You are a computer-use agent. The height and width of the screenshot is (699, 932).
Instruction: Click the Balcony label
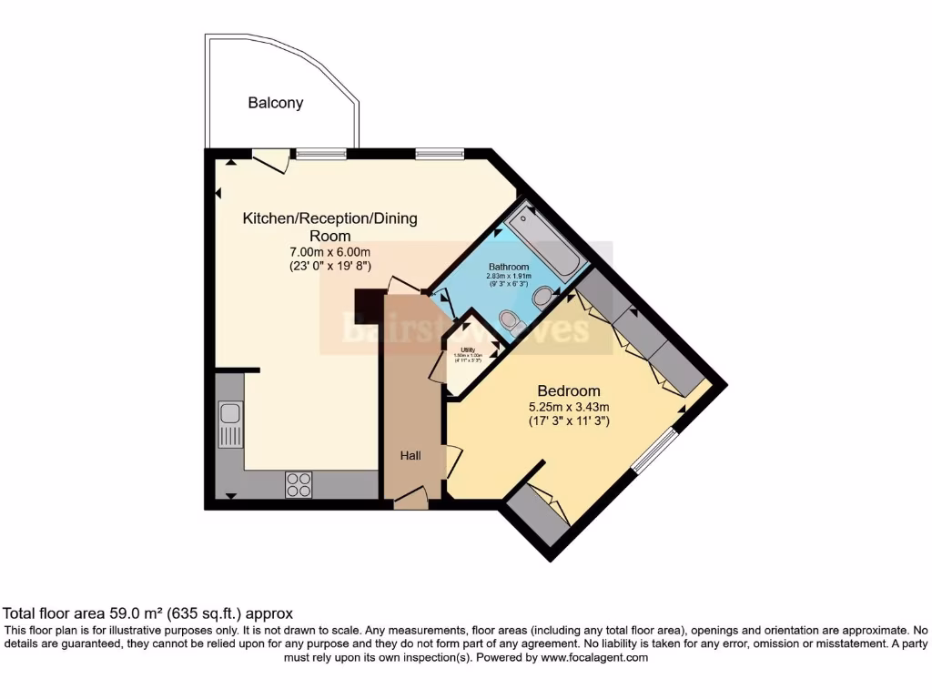pyautogui.click(x=276, y=103)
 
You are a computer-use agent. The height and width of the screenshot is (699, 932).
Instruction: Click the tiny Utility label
pyautogui.click(x=467, y=349)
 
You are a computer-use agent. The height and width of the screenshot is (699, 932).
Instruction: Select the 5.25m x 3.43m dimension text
pyautogui.click(x=569, y=406)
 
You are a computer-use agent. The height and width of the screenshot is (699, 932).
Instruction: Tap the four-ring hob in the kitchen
pyautogui.click(x=298, y=484)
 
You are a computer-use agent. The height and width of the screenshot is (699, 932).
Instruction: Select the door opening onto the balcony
pyautogui.click(x=270, y=161)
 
